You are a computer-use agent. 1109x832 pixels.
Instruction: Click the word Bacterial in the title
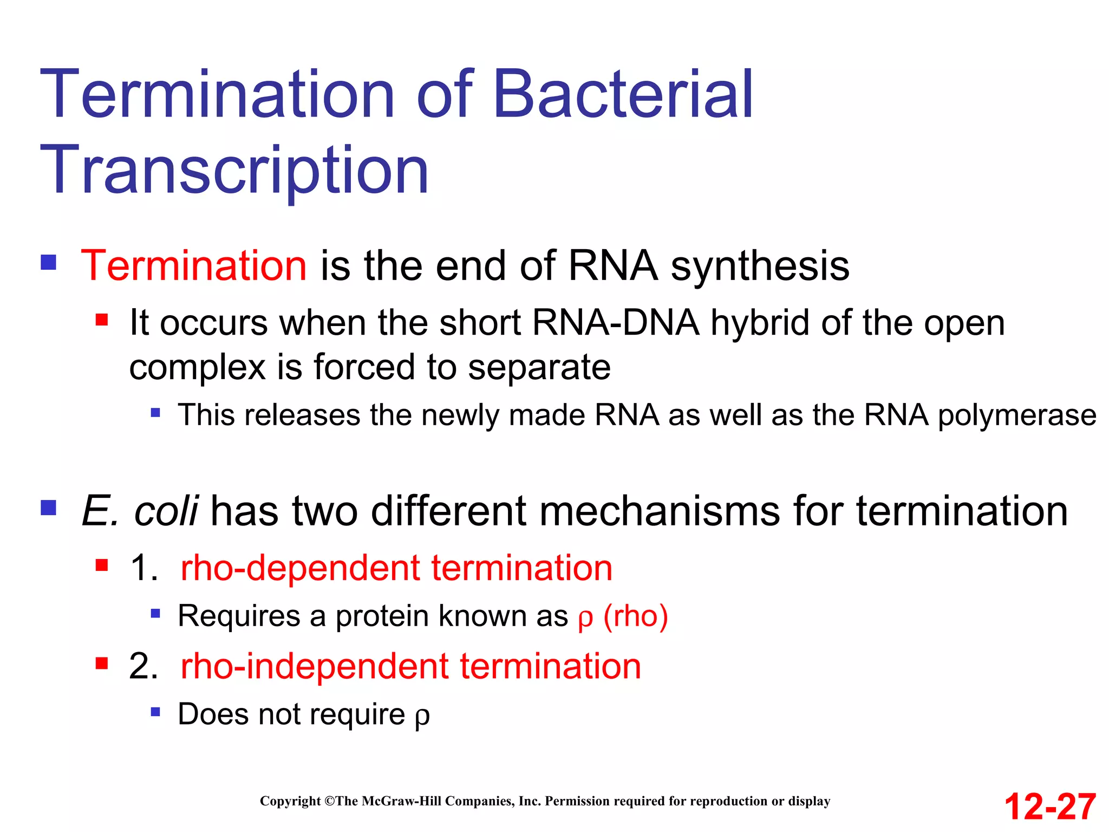point(623,95)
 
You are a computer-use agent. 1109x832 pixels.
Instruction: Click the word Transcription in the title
point(234,171)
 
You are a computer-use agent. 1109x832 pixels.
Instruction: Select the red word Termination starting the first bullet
point(194,265)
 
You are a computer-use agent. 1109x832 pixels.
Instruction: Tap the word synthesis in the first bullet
point(760,266)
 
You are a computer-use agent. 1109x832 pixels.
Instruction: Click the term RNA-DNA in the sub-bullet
point(616,323)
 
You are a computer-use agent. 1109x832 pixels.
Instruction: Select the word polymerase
point(1017,416)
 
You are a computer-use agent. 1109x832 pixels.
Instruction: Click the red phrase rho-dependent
point(300,568)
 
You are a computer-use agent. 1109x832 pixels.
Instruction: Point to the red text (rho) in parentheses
point(635,616)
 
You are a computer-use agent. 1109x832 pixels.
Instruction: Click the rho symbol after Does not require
point(422,717)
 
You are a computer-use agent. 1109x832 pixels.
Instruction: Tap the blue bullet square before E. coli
point(49,508)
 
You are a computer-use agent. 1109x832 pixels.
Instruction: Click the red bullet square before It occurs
point(102,320)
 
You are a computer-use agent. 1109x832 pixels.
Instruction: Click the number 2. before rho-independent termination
point(143,666)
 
